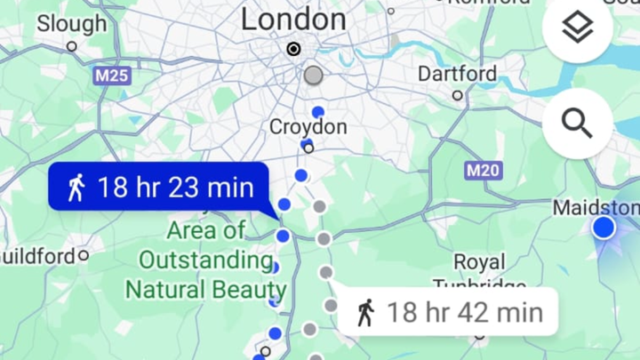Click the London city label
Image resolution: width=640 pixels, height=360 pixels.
tap(293, 19)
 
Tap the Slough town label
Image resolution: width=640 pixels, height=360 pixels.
tap(71, 24)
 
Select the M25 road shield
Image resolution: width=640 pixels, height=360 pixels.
tap(112, 76)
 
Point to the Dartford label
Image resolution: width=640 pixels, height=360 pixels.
tap(456, 72)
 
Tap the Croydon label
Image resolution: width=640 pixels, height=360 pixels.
tap(308, 128)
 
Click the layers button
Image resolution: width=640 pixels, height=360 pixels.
tap(578, 29)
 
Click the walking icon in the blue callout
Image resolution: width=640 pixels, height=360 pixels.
tap(76, 188)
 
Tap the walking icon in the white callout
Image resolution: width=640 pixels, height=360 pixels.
tap(365, 312)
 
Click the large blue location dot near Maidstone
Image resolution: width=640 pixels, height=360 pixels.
tap(604, 228)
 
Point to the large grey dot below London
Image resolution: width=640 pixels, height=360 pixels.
tap(313, 76)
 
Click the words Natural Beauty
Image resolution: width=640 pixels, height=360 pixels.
tap(205, 290)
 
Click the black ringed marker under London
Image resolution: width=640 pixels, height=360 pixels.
tap(293, 49)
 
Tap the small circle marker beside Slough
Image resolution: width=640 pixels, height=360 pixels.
tap(72, 46)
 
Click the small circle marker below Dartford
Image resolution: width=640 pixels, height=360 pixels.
tap(457, 95)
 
